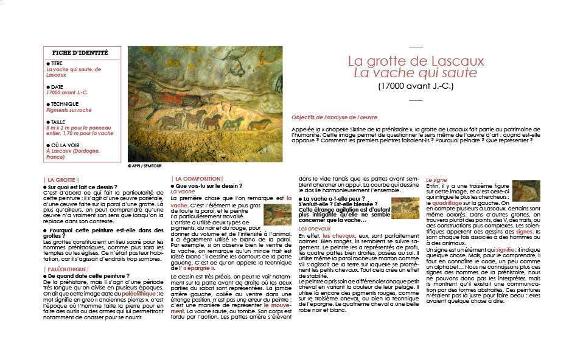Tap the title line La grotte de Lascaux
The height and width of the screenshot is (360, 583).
click(x=416, y=61)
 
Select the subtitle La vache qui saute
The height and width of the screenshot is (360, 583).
click(x=416, y=74)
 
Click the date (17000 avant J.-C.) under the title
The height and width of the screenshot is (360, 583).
click(x=416, y=86)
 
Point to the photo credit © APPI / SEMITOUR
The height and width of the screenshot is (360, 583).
click(x=145, y=165)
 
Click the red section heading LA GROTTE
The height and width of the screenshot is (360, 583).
click(x=61, y=180)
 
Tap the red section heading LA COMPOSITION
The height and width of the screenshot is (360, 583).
click(x=192, y=178)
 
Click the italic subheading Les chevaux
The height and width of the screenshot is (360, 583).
click(x=314, y=229)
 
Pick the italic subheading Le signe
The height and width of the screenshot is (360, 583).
click(x=436, y=180)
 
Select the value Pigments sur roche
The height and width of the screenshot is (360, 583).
click(x=69, y=111)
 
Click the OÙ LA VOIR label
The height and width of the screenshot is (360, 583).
click(x=66, y=145)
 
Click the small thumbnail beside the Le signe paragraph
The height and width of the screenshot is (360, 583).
click(x=526, y=190)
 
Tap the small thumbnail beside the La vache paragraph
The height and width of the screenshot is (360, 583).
click(x=278, y=214)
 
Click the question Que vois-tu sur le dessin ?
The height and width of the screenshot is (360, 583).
click(x=209, y=185)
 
